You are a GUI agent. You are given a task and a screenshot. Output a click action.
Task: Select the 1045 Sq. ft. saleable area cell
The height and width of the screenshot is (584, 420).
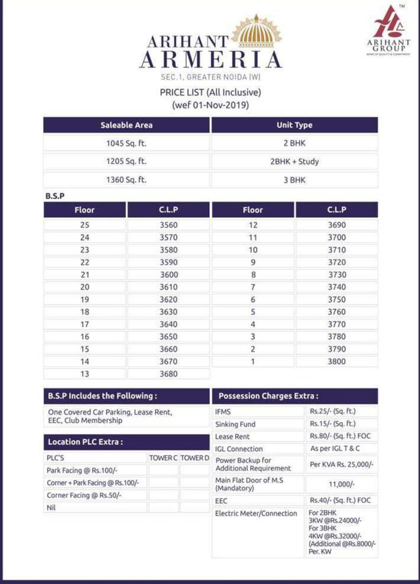pyautogui.click(x=126, y=144)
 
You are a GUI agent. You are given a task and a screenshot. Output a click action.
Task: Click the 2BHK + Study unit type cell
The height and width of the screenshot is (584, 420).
pyautogui.click(x=294, y=162)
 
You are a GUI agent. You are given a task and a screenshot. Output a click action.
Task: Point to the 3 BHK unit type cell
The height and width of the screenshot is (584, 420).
pyautogui.click(x=294, y=180)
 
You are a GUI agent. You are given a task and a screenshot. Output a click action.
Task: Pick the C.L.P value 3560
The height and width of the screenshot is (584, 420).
pyautogui.click(x=169, y=226)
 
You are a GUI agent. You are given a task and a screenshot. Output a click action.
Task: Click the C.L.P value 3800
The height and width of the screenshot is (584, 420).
pyautogui.click(x=337, y=362)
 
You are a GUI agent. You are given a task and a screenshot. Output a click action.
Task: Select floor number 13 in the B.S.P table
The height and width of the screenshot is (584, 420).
pyautogui.click(x=85, y=374)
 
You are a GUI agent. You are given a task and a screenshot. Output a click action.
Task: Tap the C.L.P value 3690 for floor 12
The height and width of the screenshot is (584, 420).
pyautogui.click(x=337, y=226)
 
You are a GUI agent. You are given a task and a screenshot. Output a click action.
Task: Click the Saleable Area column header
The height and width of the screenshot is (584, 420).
pyautogui.click(x=126, y=125)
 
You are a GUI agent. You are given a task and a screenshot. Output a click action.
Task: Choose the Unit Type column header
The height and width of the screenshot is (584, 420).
pyautogui.click(x=294, y=125)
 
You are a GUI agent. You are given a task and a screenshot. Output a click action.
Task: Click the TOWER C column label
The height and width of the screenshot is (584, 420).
pyautogui.click(x=163, y=458)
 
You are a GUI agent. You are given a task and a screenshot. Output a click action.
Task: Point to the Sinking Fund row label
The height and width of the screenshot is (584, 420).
pyautogui.click(x=235, y=425)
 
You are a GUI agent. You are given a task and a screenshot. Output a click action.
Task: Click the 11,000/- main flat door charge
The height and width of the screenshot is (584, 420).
pyautogui.click(x=342, y=484)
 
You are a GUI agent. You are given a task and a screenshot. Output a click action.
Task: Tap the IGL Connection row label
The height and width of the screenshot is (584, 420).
pyautogui.click(x=239, y=449)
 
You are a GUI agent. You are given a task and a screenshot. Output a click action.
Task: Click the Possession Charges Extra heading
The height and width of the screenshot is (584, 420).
pyautogui.click(x=269, y=397)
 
